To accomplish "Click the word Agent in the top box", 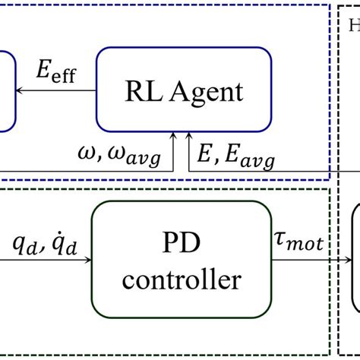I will click(205, 91).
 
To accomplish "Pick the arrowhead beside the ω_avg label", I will click(175, 138).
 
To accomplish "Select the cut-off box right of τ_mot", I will click(355, 258).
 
